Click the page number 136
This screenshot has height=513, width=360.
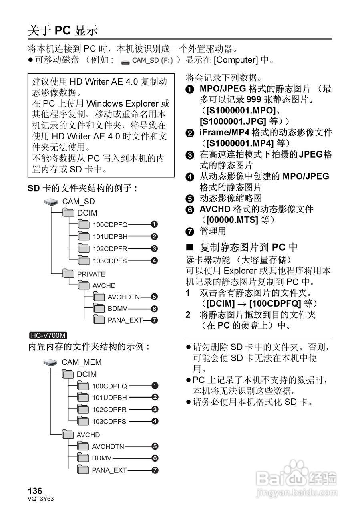click(35, 491)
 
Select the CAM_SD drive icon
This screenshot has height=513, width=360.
click(52, 201)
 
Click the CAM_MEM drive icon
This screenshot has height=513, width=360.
click(51, 362)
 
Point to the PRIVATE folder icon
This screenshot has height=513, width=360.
click(68, 274)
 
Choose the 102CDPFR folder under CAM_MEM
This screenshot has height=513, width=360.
click(82, 409)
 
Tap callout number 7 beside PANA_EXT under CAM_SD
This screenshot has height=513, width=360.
click(154, 320)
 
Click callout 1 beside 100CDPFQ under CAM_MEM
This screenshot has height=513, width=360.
click(155, 386)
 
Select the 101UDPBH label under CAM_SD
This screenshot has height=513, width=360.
click(110, 236)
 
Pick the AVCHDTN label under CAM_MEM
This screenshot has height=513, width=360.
click(108, 446)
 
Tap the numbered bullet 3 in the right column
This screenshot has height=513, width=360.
click(190, 155)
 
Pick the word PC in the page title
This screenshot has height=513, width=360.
click(62, 30)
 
